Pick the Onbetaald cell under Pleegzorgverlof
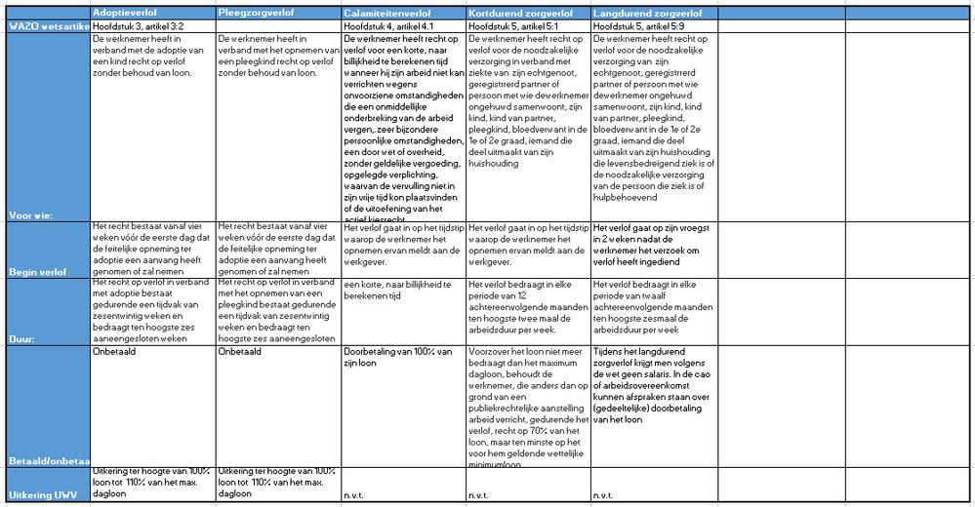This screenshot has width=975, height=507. pyautogui.click(x=240, y=352)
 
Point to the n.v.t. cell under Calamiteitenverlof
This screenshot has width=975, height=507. pyautogui.click(x=355, y=496)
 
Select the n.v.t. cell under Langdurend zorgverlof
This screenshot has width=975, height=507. pyautogui.click(x=605, y=496)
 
